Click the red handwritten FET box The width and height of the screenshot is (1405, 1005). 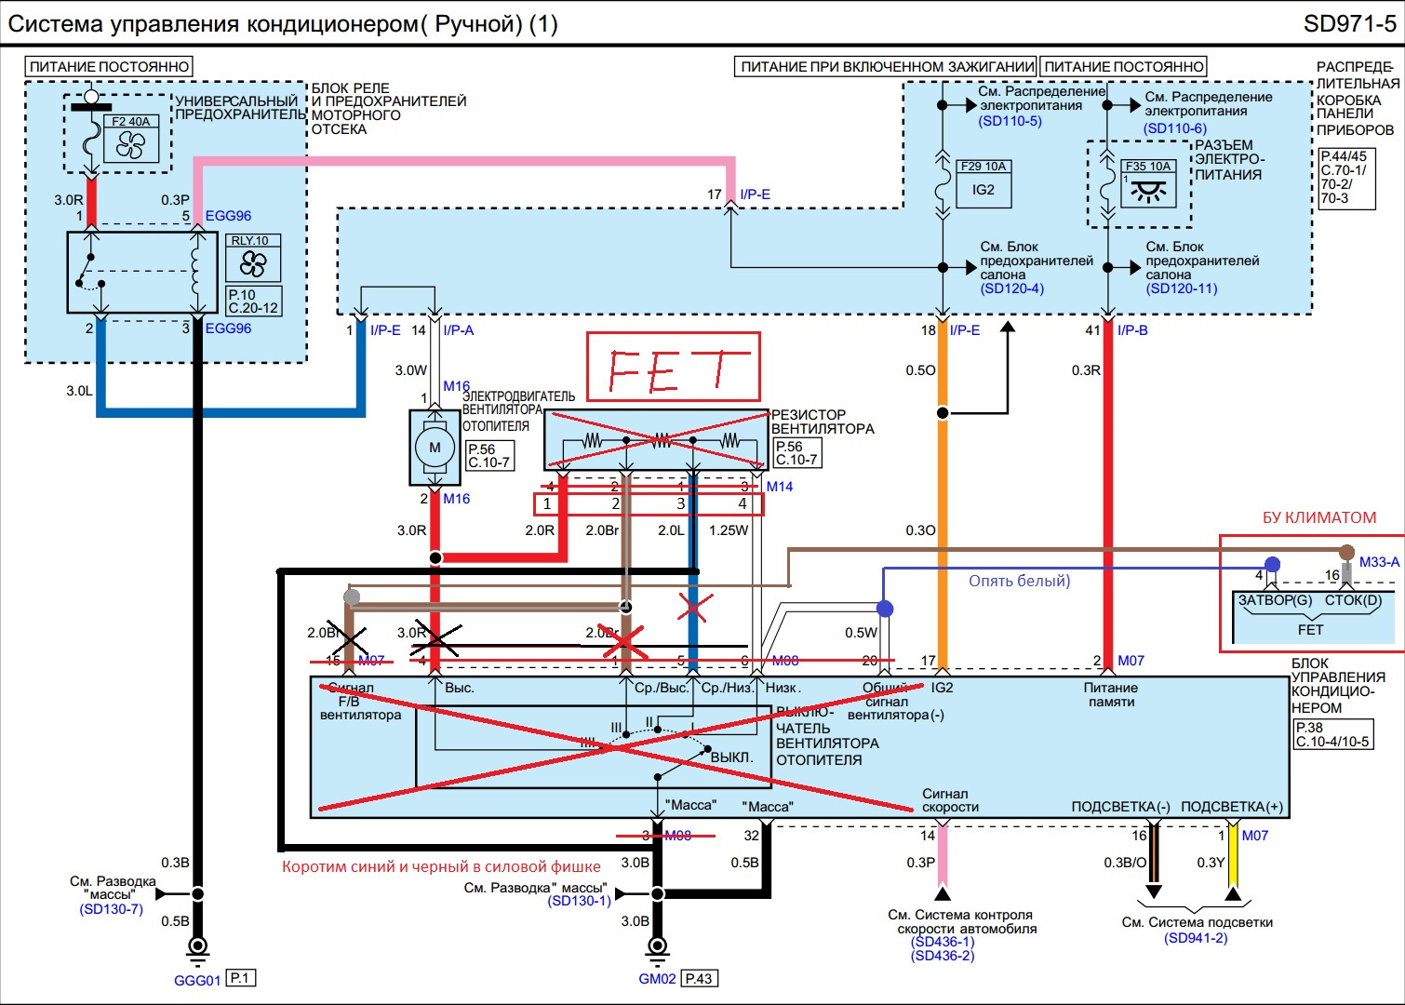coord(673,368)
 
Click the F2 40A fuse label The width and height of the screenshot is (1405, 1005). coord(130,122)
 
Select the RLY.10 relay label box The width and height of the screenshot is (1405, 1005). coord(250,241)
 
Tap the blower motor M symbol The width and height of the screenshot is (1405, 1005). coord(435,448)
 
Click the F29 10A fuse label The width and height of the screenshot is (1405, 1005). coord(983,167)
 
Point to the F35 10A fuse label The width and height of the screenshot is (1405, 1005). coord(1148,167)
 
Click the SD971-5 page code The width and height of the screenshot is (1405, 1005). coord(1349,24)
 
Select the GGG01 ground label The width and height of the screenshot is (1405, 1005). coord(197,980)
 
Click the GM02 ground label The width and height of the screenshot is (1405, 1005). coord(657,979)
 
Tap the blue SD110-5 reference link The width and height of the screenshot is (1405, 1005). coord(1010,121)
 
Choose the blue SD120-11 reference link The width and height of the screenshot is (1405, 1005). coord(1182,288)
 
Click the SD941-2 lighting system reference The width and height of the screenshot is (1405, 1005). coord(1196,938)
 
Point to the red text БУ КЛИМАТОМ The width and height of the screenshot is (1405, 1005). coord(1318,518)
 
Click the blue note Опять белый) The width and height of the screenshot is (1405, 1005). coord(1019,581)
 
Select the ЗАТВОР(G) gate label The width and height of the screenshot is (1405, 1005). coord(1275,600)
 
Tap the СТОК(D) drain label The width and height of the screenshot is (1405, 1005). coord(1353,600)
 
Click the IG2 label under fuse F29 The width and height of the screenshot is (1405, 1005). coord(983,190)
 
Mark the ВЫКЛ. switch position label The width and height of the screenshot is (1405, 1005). coord(731,757)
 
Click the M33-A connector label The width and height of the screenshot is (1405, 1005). coord(1379,562)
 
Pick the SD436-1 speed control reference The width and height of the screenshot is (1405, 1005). coord(943,943)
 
